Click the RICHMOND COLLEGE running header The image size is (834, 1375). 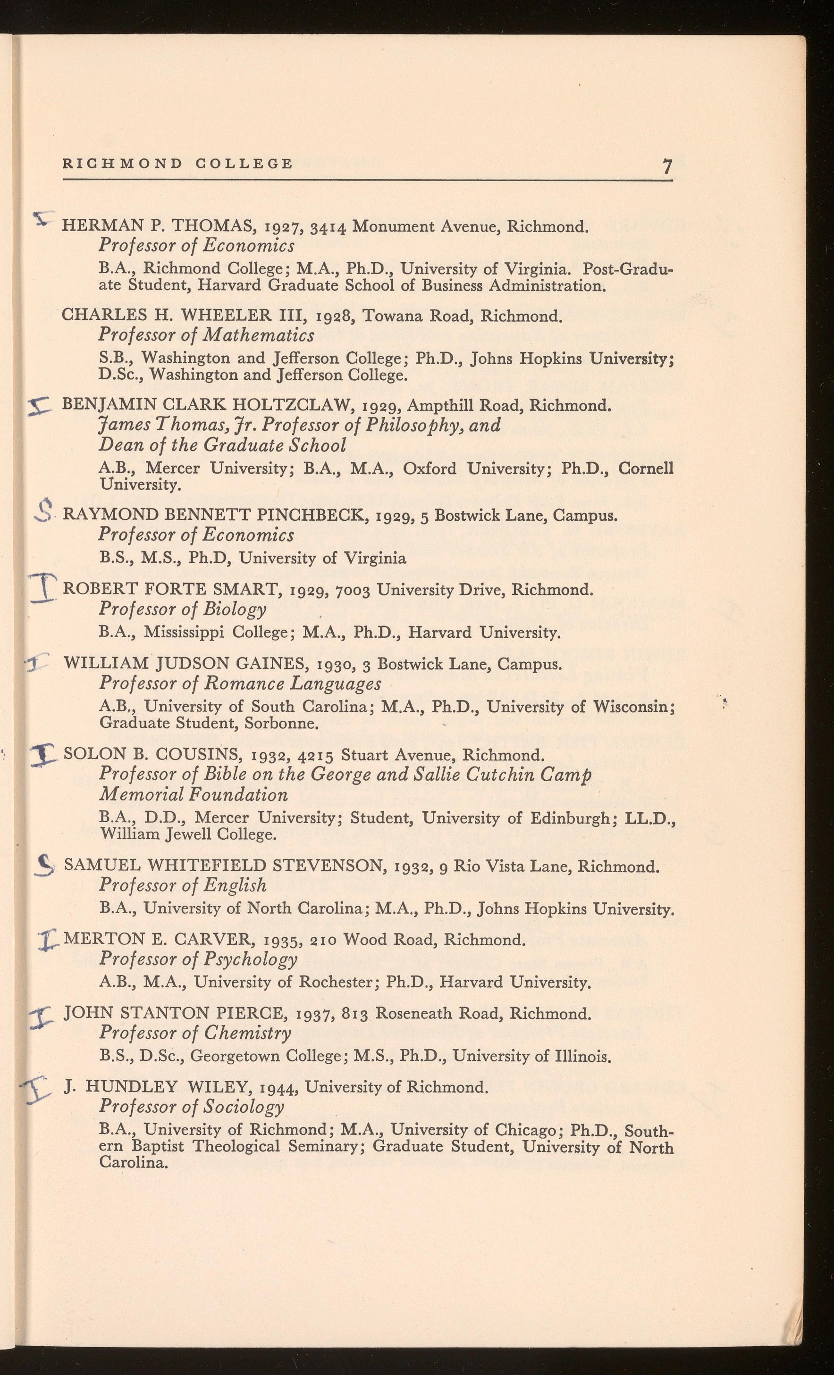pyautogui.click(x=177, y=164)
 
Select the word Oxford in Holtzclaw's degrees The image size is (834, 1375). pyautogui.click(x=430, y=468)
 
